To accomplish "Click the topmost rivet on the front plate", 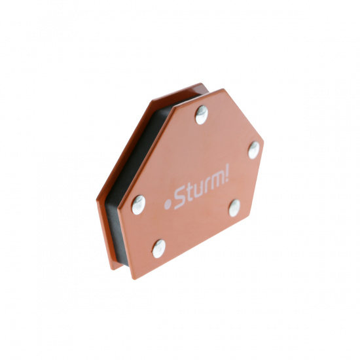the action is pyautogui.click(x=202, y=115).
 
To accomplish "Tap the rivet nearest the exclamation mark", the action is pyautogui.click(x=254, y=150).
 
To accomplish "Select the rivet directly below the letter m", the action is pyautogui.click(x=234, y=208).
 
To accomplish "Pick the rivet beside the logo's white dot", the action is pyautogui.click(x=139, y=205).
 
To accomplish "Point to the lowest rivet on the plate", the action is pyautogui.click(x=159, y=249).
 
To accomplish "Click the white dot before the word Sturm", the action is pyautogui.click(x=168, y=204).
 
